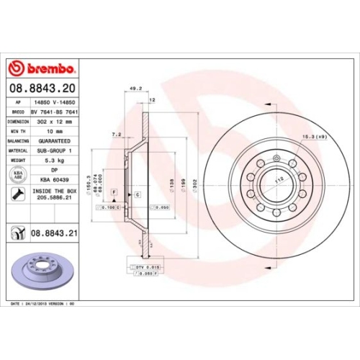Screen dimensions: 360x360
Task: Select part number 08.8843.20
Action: coord(42,88)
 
